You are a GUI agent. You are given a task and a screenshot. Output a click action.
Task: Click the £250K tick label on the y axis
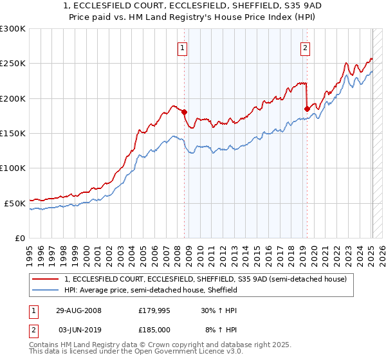13,64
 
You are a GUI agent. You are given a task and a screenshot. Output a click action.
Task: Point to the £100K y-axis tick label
13,168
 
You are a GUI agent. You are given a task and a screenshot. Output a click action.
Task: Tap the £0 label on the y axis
21,238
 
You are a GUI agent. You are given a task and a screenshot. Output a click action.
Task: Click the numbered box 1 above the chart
183,47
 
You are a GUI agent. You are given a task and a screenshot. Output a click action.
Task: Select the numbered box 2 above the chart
304,47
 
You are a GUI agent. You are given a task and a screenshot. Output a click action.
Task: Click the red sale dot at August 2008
185,113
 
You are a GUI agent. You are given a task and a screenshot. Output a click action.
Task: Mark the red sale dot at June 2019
307,109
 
